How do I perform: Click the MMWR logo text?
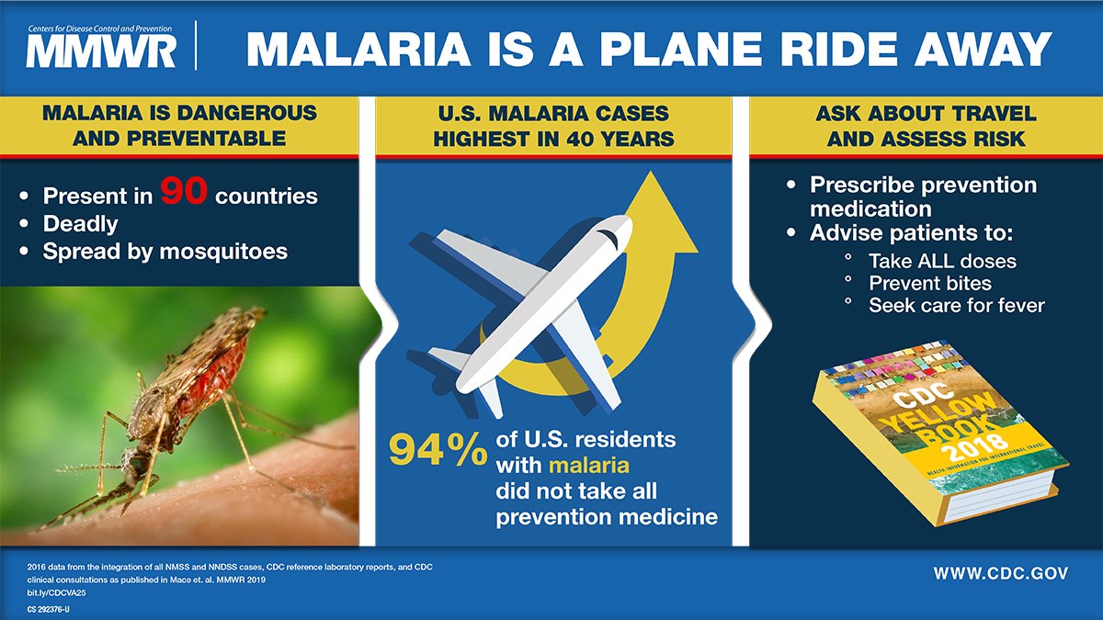[100, 51]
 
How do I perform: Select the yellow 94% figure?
[437, 450]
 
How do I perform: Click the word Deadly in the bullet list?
[81, 223]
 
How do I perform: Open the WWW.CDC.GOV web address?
[1001, 573]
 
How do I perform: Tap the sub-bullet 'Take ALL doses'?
[942, 260]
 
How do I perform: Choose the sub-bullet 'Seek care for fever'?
[956, 305]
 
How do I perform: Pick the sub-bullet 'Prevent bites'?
[929, 283]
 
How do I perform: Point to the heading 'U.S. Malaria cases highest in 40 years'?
[551, 127]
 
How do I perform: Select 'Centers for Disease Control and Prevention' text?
[101, 23]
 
